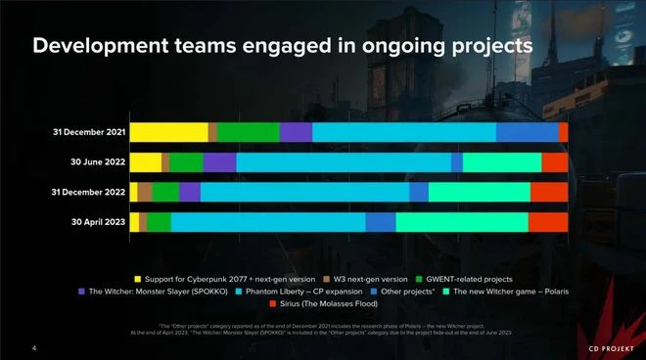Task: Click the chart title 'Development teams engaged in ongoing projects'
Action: tap(283, 46)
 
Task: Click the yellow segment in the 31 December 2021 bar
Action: tap(168, 133)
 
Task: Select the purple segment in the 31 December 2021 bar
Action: tap(296, 133)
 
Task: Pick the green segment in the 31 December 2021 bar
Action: tap(248, 133)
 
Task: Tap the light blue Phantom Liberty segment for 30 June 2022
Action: tap(344, 162)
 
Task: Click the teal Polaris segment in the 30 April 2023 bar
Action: tap(461, 222)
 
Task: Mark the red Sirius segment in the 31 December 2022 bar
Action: tap(549, 193)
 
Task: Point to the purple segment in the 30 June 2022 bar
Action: tap(219, 162)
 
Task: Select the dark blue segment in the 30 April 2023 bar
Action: tap(381, 222)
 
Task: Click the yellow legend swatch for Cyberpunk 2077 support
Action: tap(138, 279)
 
